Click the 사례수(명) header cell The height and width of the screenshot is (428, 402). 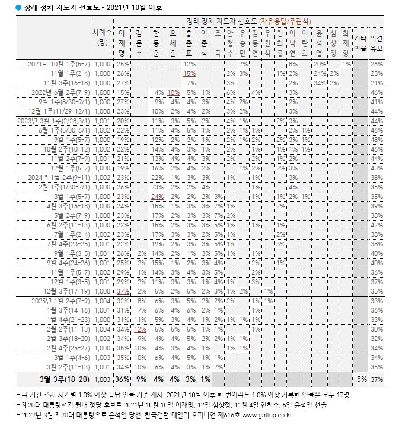[x=102, y=37]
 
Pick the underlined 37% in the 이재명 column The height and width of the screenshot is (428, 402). [x=123, y=291]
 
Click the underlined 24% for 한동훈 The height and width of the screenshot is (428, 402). [x=157, y=196]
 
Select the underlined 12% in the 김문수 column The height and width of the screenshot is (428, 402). [x=140, y=329]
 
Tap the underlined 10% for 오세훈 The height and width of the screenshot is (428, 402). [x=173, y=92]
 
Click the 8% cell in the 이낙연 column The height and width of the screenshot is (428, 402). [x=292, y=63]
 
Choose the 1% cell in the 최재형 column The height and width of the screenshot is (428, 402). [x=346, y=63]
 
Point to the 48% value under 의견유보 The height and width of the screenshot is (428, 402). [x=377, y=140]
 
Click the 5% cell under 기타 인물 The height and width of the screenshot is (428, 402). [x=361, y=379]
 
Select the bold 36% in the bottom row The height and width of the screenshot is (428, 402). [x=123, y=379]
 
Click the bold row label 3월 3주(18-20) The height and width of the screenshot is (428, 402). [x=65, y=379]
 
